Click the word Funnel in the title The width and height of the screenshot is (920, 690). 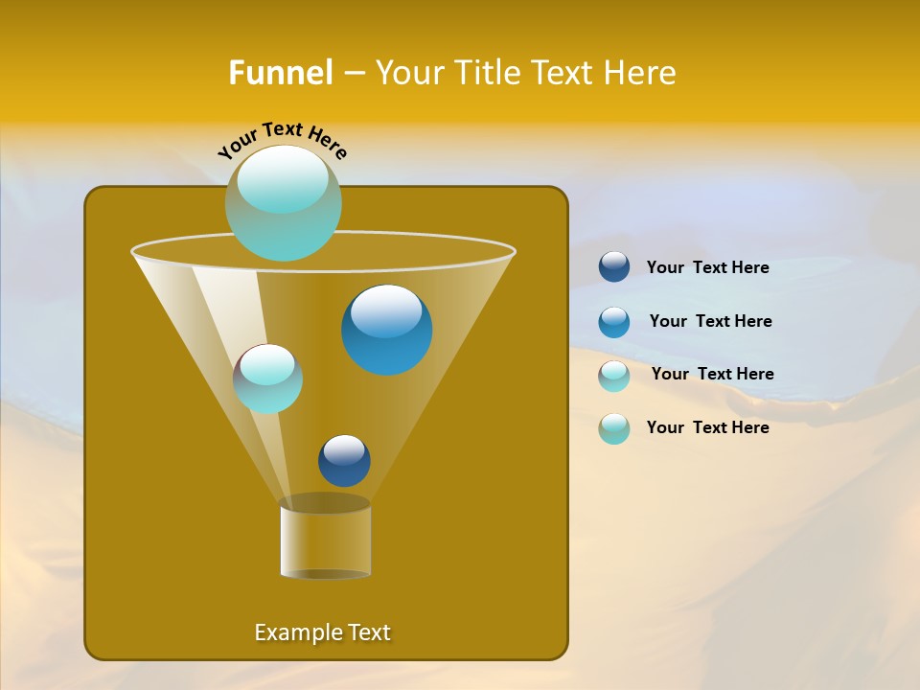pyautogui.click(x=280, y=73)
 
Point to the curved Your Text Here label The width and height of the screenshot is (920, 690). pyautogui.click(x=283, y=139)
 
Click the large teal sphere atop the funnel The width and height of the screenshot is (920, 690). pyautogui.click(x=284, y=203)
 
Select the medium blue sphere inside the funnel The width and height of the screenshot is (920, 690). pyautogui.click(x=386, y=330)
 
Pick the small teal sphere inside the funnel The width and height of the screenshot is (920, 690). pyautogui.click(x=267, y=379)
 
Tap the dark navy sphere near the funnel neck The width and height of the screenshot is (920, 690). pyautogui.click(x=344, y=460)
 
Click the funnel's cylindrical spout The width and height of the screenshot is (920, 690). pyautogui.click(x=326, y=539)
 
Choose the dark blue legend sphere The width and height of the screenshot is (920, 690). pyautogui.click(x=614, y=267)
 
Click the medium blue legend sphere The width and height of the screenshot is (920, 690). pyautogui.click(x=614, y=322)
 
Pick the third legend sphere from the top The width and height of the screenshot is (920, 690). pyautogui.click(x=614, y=376)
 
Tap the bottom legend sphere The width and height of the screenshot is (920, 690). pyautogui.click(x=614, y=428)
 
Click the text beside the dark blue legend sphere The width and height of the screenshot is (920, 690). pyautogui.click(x=707, y=268)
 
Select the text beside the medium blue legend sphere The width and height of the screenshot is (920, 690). pyautogui.click(x=710, y=322)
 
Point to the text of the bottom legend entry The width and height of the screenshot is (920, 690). pyautogui.click(x=707, y=427)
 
